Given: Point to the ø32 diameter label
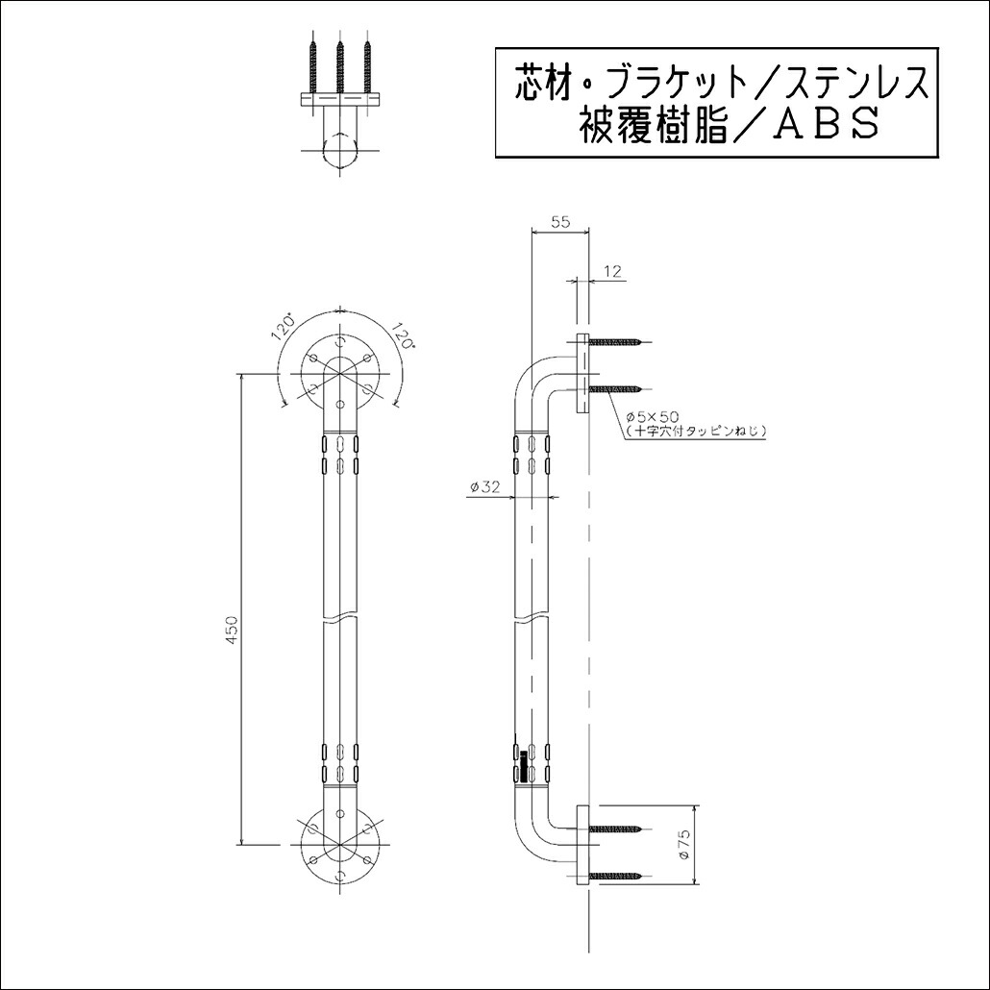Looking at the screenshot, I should point(484,487).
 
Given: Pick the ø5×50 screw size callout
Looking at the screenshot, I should point(653,416).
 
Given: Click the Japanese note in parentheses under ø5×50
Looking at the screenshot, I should point(694,432).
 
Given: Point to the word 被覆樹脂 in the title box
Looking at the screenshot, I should point(640,125).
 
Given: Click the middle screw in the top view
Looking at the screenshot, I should point(341,65).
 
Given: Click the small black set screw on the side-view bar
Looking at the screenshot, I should point(524,769).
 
